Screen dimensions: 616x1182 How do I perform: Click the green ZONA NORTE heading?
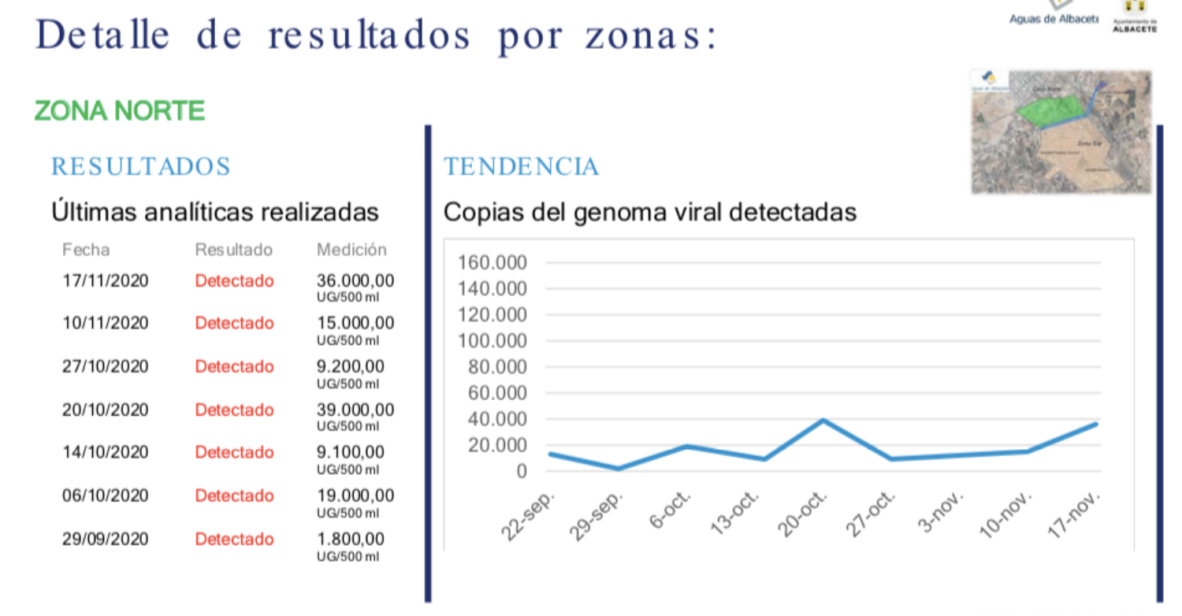coord(120,111)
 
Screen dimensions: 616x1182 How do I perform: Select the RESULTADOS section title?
coord(141,167)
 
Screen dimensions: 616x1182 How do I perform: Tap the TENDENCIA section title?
coord(521,167)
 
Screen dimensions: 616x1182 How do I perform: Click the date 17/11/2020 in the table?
coord(106,281)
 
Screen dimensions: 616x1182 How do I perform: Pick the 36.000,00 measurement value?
coord(355,281)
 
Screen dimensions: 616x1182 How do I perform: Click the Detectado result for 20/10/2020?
coord(235,410)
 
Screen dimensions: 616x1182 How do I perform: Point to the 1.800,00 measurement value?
coord(351,540)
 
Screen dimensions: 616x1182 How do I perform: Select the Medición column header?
coord(351,250)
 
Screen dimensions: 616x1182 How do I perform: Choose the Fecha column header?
coord(86,250)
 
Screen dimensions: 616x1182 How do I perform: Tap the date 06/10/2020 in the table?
coord(106,496)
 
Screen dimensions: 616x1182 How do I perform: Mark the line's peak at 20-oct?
coord(823,420)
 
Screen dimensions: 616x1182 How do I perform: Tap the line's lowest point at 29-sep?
coord(618,469)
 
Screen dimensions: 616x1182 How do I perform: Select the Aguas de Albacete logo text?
coord(1054,19)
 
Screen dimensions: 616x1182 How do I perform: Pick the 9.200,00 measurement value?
coord(351,367)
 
